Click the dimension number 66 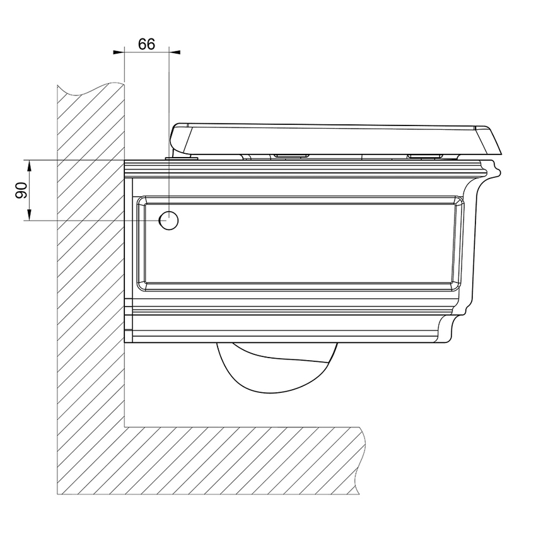(x=146, y=45)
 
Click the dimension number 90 (x=21, y=190)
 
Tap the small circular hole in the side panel (x=169, y=221)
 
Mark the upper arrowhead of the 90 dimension (x=29, y=165)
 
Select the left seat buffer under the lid (x=291, y=154)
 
